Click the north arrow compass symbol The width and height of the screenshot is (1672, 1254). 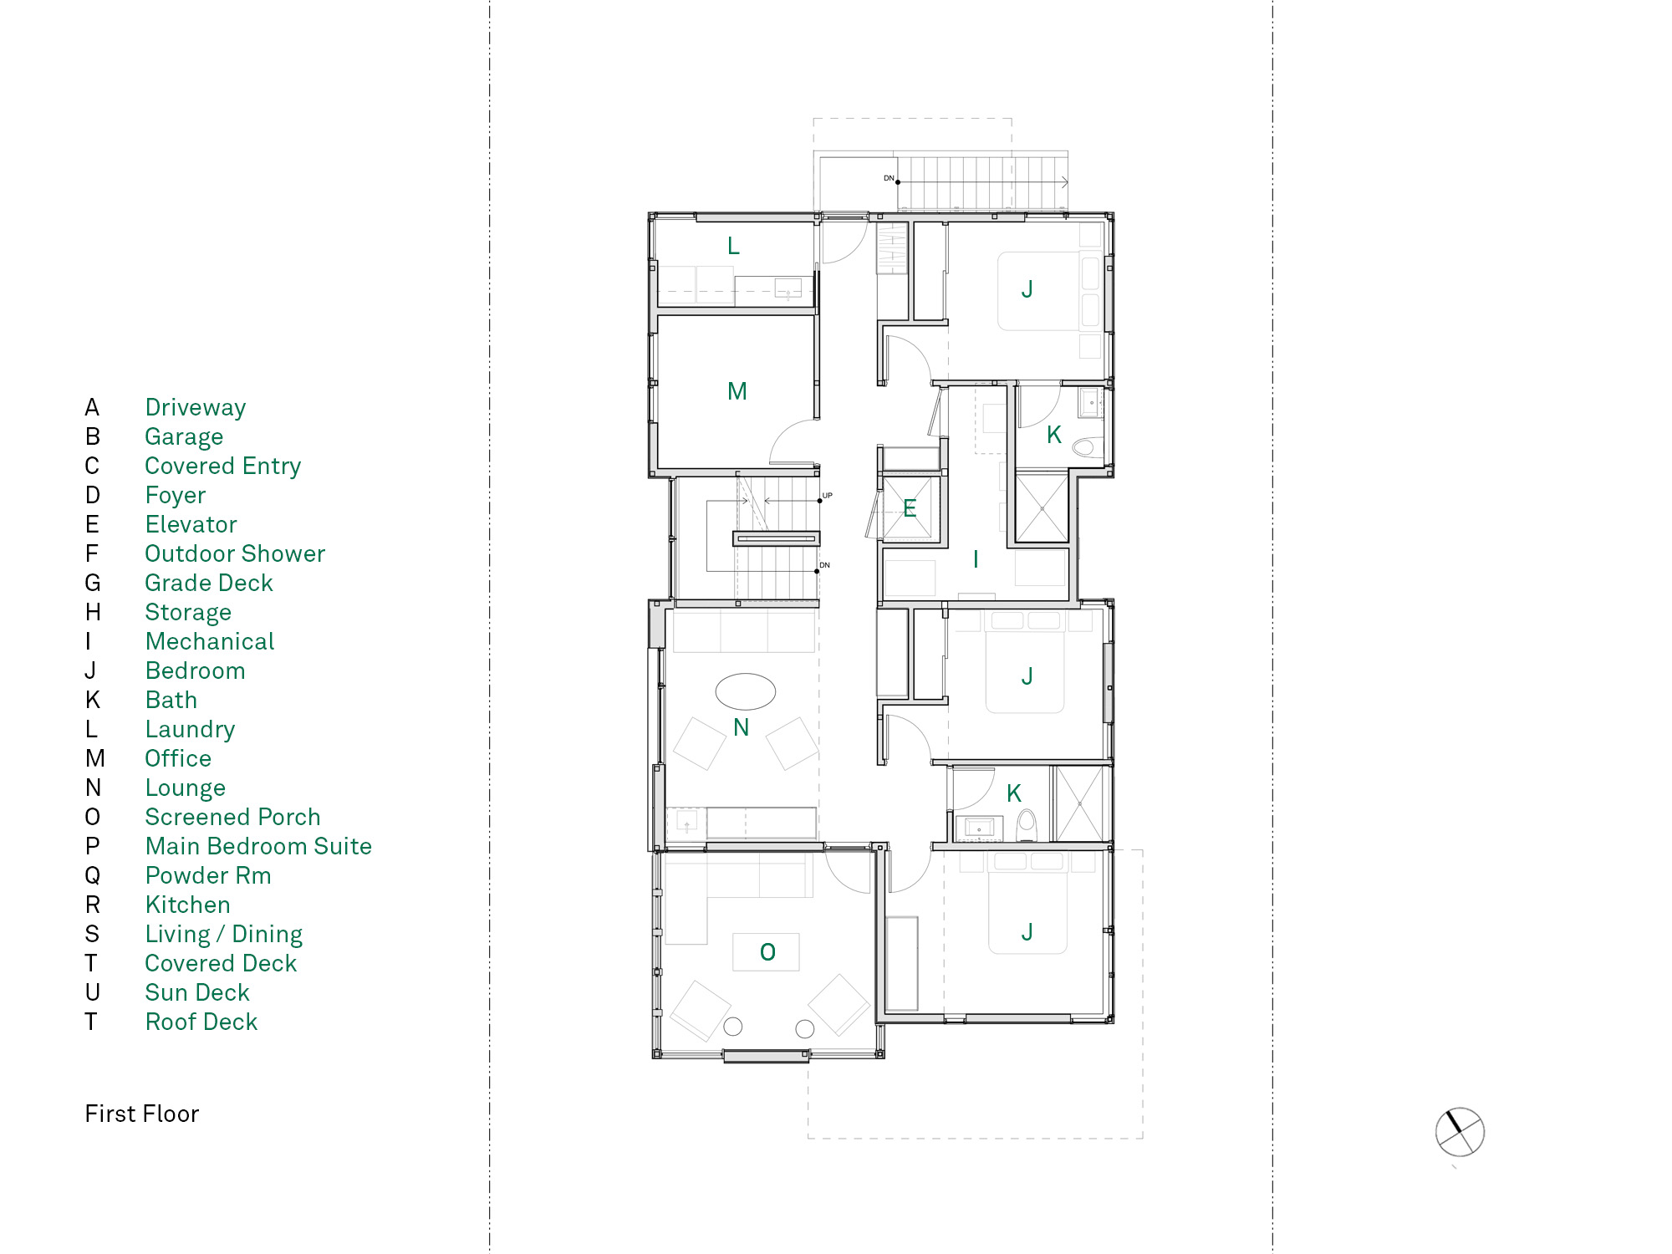tap(1460, 1133)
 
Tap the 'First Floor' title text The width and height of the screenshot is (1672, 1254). tap(142, 1114)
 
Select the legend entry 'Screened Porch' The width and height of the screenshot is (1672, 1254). tap(232, 817)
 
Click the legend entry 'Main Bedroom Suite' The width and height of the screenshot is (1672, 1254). tap(258, 846)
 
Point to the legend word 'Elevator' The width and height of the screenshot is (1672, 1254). tap(191, 524)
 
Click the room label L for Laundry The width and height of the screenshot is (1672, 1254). tap(733, 246)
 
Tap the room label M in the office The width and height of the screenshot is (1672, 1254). tap(737, 391)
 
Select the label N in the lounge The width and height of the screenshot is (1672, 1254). tap(741, 727)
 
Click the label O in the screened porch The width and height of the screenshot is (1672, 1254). tap(767, 951)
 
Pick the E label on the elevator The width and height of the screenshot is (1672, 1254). tap(910, 508)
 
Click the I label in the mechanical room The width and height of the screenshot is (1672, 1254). tap(976, 559)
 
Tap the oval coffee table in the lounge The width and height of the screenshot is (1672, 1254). tap(746, 691)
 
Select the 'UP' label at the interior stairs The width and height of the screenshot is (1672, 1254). tap(827, 496)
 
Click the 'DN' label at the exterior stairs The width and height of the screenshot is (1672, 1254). tap(889, 178)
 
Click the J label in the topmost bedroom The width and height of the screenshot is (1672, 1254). tap(1027, 289)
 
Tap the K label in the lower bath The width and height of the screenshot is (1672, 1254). tap(1014, 793)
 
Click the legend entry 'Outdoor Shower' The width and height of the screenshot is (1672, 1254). tap(235, 553)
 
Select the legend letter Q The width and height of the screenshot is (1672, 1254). tap(92, 876)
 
